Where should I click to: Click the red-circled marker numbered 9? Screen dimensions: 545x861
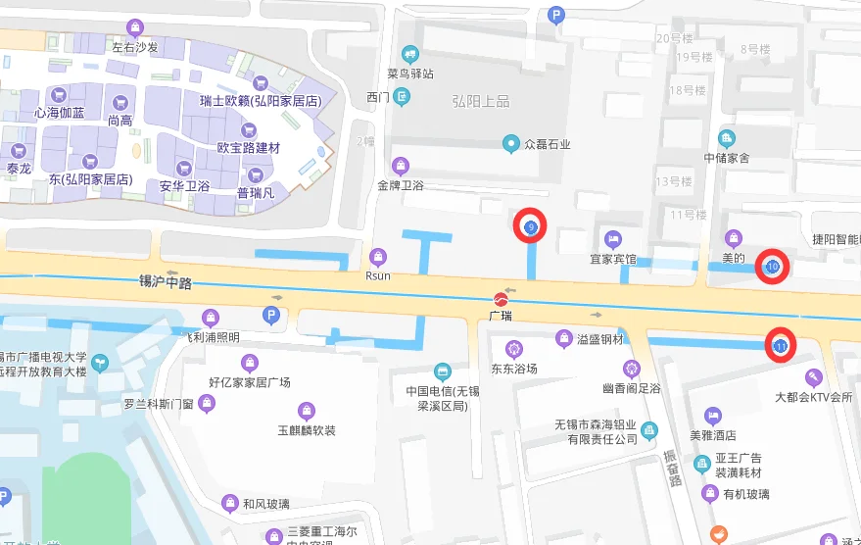(531, 227)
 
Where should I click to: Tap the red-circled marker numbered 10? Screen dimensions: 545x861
(773, 267)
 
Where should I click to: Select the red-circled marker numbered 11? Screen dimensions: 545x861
(781, 346)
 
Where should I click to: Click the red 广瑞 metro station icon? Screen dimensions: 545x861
(501, 298)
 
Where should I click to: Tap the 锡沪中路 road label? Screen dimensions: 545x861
(166, 282)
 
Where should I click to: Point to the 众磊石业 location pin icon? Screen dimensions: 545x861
(510, 144)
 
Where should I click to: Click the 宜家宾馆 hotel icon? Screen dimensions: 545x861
(613, 239)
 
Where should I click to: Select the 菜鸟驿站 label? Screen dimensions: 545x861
(409, 74)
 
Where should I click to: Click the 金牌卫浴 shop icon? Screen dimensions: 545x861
(400, 165)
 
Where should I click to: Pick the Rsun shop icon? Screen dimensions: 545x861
(378, 257)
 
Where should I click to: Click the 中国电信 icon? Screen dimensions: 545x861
(443, 372)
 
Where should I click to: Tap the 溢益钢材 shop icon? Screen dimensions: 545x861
(563, 339)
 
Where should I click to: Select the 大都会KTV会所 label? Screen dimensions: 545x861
(813, 398)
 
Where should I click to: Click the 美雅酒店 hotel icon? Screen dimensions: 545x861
(713, 416)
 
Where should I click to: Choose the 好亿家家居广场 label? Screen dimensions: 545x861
(249, 382)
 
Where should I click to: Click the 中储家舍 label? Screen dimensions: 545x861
(727, 158)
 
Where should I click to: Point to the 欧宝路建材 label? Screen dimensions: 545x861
(249, 148)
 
